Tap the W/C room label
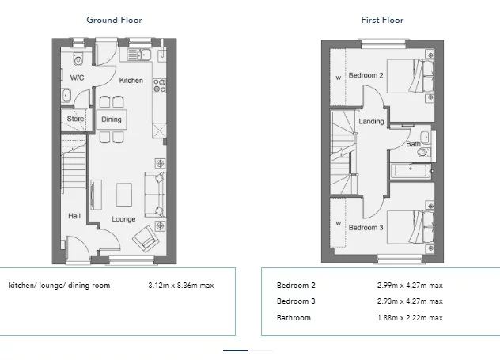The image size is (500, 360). (x=77, y=78)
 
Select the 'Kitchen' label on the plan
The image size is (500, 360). (x=131, y=81)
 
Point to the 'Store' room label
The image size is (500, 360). (x=75, y=119)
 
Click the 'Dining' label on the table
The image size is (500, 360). (x=112, y=119)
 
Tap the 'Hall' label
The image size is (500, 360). (x=74, y=215)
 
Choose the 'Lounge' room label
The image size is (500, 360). (x=123, y=219)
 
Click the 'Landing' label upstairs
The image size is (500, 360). (x=371, y=122)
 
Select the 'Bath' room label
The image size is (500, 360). (x=413, y=144)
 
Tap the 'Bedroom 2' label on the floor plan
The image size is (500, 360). (x=366, y=75)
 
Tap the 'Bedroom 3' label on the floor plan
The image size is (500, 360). (x=366, y=228)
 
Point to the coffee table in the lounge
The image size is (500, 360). (x=124, y=193)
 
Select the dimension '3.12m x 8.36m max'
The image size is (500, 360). (x=181, y=286)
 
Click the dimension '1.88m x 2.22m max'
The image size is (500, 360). (x=409, y=318)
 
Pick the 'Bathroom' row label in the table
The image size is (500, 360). (x=294, y=318)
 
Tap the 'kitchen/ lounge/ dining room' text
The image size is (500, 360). (x=59, y=286)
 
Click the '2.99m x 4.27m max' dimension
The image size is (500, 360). (x=409, y=286)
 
